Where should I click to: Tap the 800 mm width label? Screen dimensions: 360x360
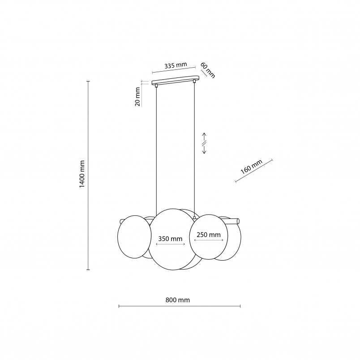tap(178, 300)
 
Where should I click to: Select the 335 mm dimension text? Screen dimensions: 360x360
tap(176, 66)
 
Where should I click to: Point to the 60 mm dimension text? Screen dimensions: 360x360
tap(208, 70)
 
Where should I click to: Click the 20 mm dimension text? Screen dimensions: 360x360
tap(137, 97)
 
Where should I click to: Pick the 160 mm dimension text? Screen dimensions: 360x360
tap(251, 167)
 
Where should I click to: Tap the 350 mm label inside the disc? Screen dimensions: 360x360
tap(170, 239)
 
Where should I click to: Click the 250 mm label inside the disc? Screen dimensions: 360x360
tap(209, 235)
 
